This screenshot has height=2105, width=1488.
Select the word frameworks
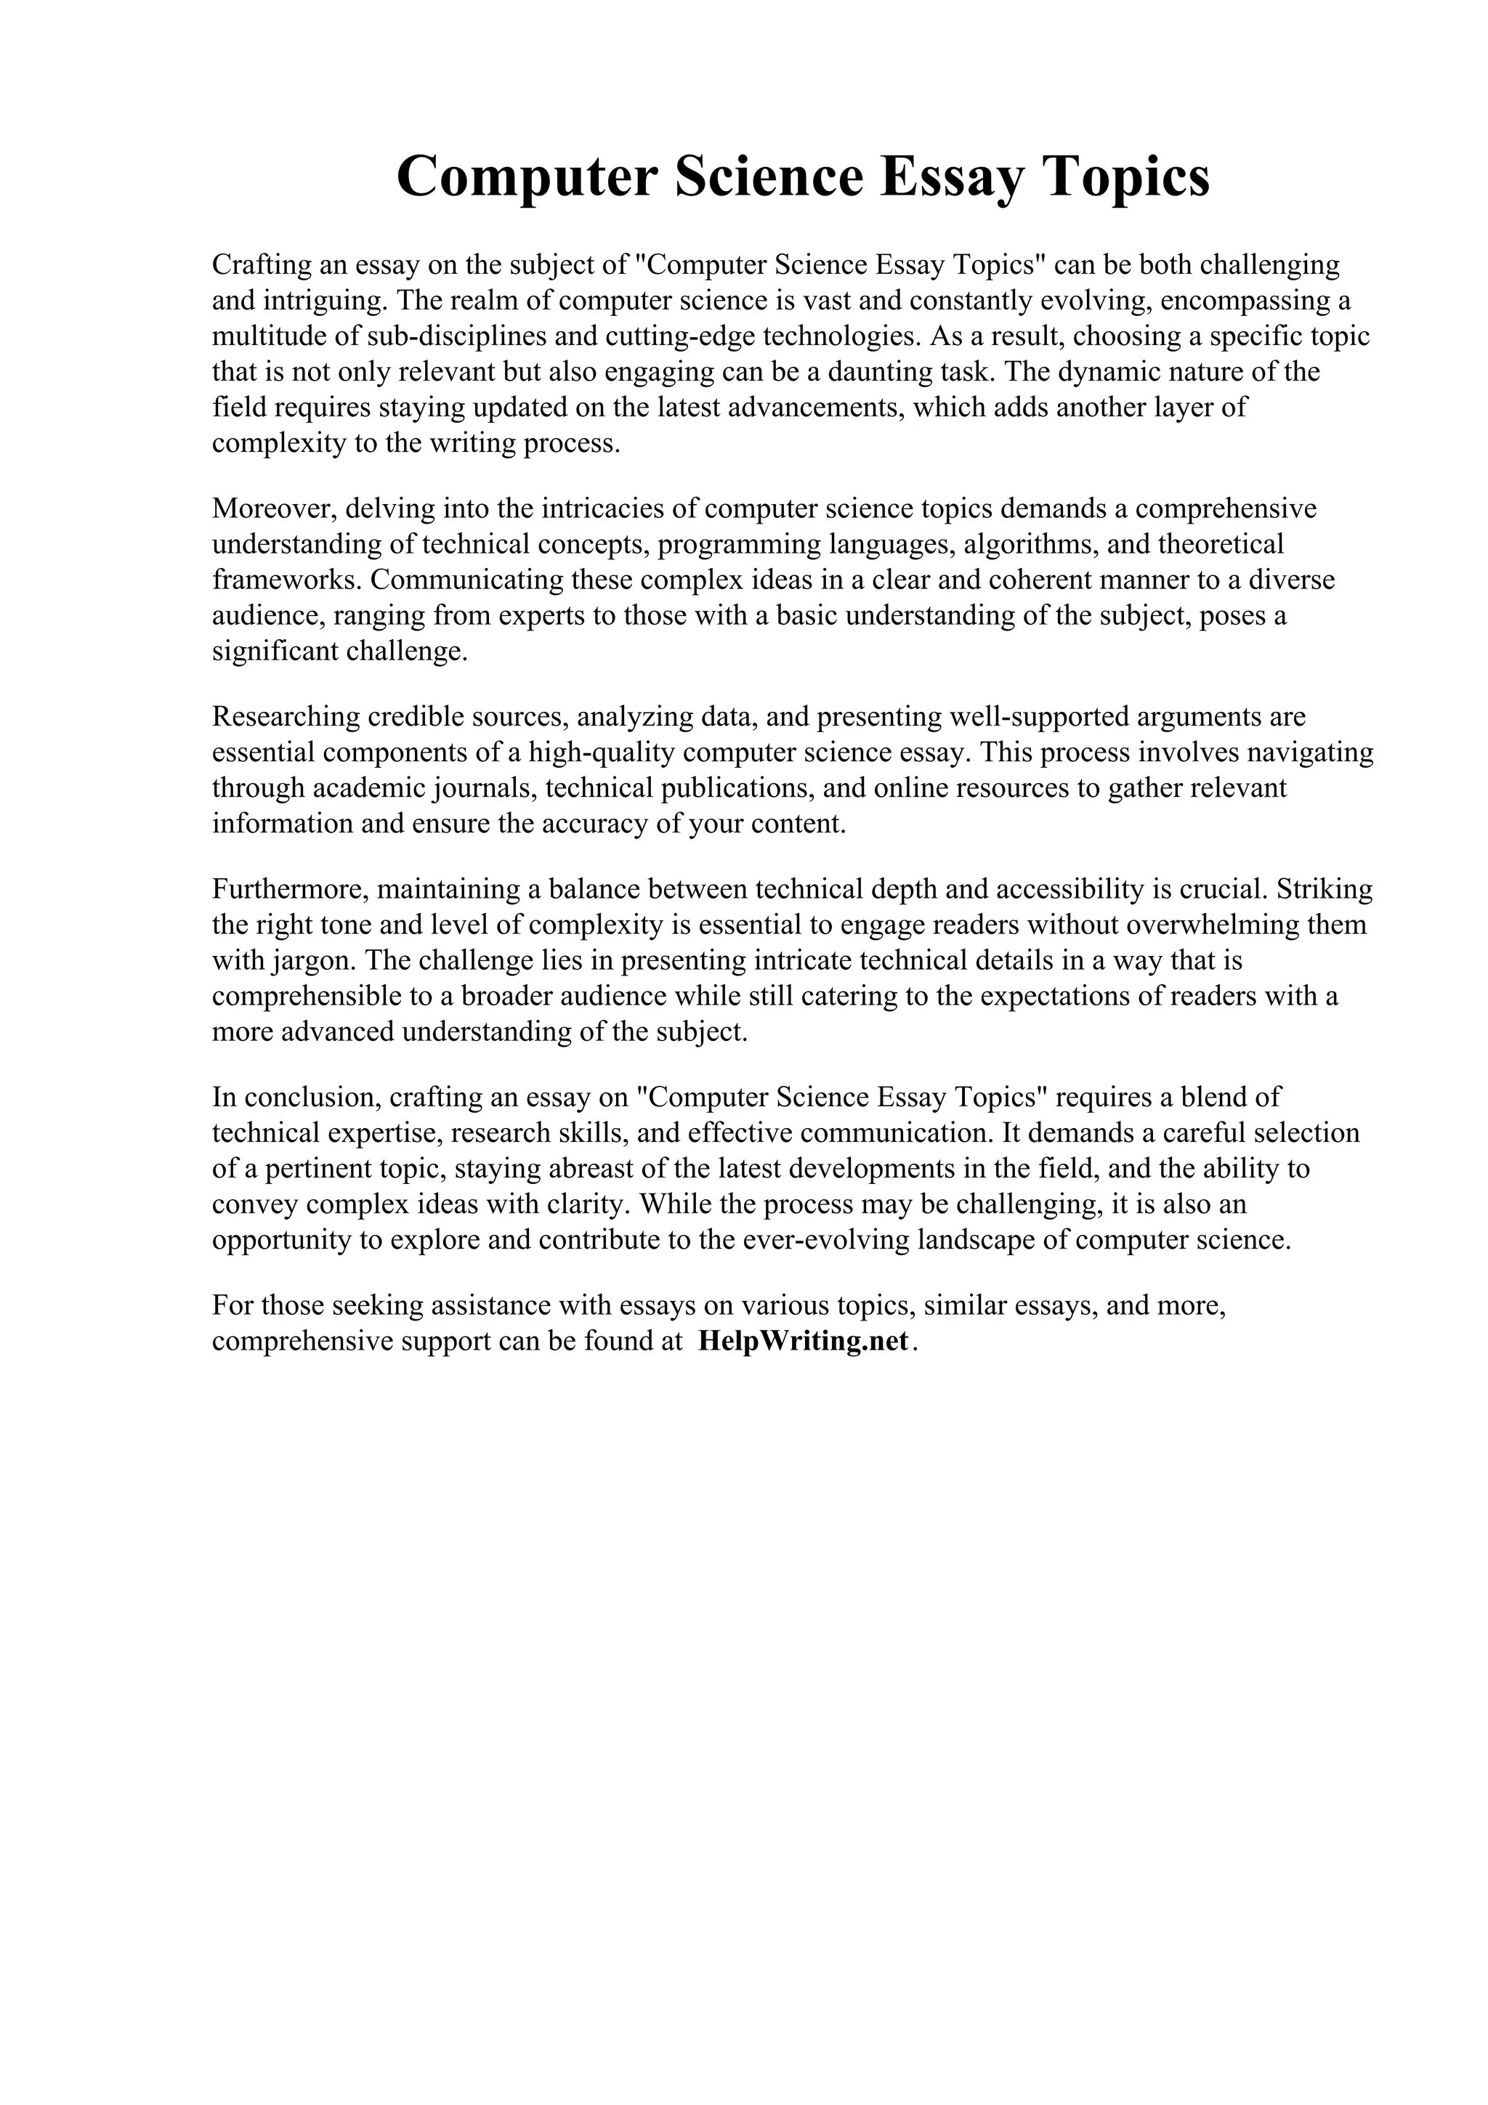[x=287, y=580]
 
